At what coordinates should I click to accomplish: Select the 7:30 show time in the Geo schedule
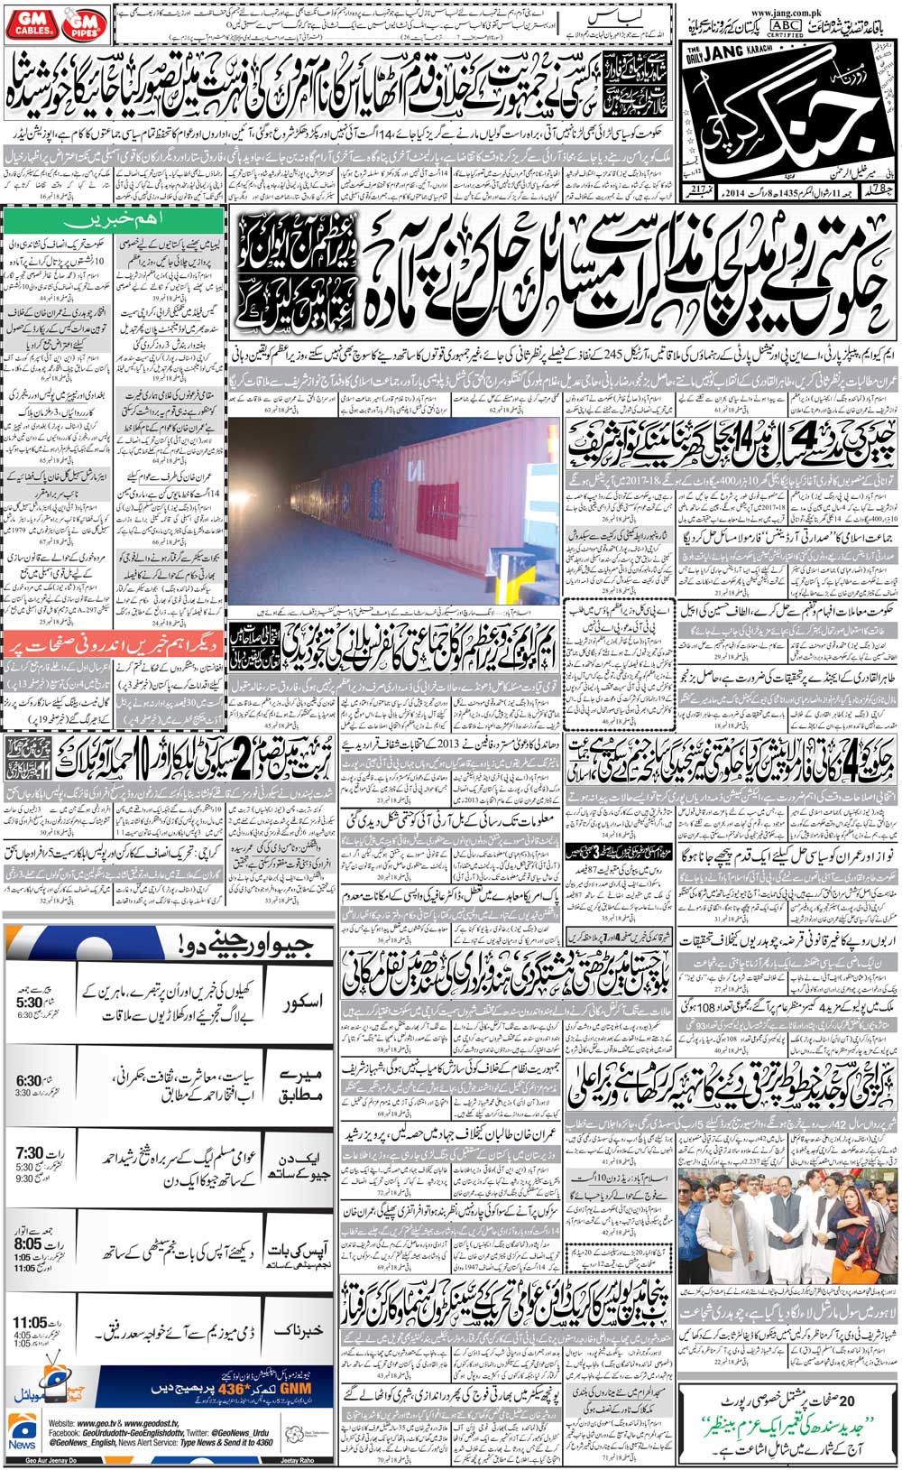pyautogui.click(x=30, y=1153)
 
